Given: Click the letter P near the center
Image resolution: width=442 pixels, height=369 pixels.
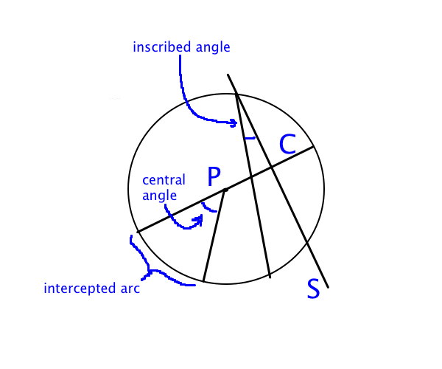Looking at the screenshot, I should (x=214, y=176).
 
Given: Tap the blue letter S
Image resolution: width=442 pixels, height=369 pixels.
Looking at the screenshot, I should (x=313, y=289).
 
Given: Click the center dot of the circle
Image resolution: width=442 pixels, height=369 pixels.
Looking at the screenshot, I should (x=225, y=190).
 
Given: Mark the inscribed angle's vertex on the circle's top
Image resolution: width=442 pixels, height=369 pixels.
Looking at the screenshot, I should (x=236, y=93).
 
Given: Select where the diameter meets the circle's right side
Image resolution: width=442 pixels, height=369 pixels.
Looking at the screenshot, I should (x=315, y=147).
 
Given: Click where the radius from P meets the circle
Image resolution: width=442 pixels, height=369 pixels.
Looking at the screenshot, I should (x=203, y=282).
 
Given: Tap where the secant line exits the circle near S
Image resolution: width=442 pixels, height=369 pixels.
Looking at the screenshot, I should (x=306, y=244).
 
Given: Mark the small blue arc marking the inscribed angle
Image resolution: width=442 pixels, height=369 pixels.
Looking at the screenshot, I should (x=250, y=137).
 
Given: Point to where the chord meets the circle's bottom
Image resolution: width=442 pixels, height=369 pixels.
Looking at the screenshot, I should (x=270, y=277).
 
